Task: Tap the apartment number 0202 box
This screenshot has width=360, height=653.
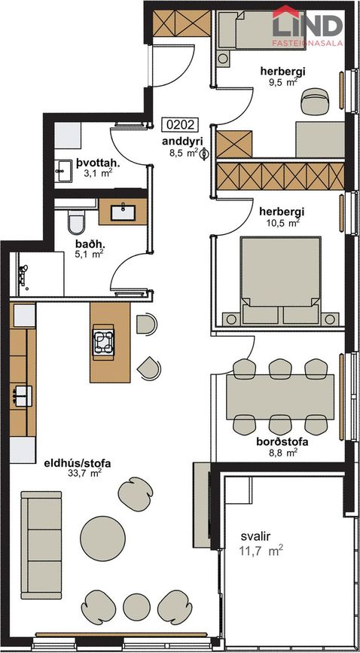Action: [181, 125]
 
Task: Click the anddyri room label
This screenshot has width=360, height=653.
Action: [181, 141]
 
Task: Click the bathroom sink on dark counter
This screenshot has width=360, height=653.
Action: [124, 213]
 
